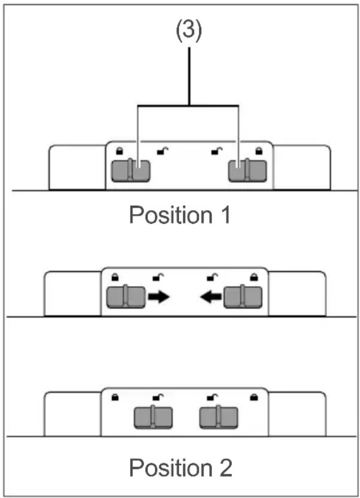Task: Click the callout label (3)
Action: [x=189, y=31]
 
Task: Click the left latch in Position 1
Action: [x=131, y=171]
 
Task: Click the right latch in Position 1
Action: [x=247, y=171]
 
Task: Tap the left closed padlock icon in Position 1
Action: [x=119, y=151]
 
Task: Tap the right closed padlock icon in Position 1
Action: [x=259, y=151]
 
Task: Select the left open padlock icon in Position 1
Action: [x=162, y=151]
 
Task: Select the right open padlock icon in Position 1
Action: [x=217, y=151]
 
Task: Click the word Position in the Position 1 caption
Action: [x=171, y=215]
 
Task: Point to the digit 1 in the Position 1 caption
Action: [x=226, y=215]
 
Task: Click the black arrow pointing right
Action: [x=159, y=297]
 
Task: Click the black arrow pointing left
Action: [x=211, y=297]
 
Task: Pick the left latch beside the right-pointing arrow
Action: [x=126, y=297]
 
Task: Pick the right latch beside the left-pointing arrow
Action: [x=243, y=297]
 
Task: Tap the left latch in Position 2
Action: [x=153, y=417]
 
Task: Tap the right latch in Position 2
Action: [x=218, y=417]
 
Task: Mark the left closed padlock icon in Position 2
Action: [x=115, y=397]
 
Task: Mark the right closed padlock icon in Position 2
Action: [x=253, y=397]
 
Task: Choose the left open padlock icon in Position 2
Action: [x=158, y=397]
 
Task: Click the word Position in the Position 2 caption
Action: [x=171, y=468]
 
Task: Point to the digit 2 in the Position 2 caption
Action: [x=226, y=468]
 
